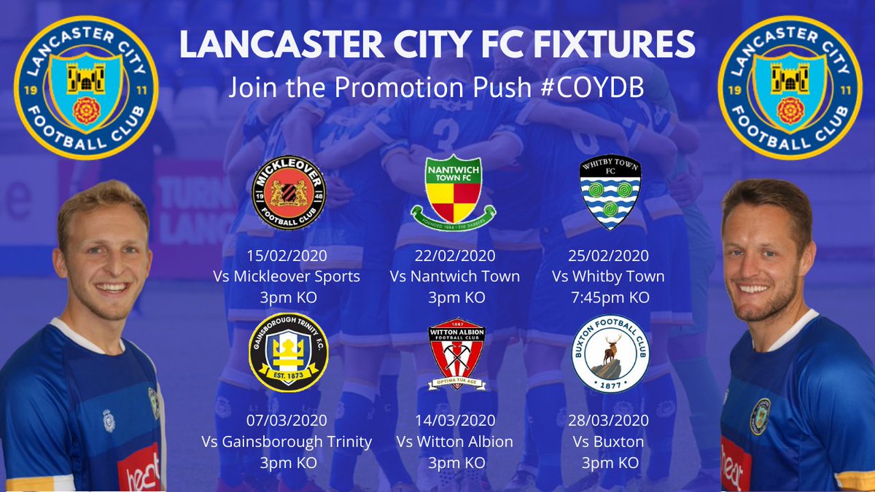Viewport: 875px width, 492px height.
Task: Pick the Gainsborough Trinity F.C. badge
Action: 288,353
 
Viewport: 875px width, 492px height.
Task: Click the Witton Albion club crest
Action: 456,353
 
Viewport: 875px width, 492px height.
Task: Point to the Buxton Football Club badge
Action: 610,354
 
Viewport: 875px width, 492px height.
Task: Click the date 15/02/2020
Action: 287,256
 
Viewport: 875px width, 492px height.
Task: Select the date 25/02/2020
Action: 610,256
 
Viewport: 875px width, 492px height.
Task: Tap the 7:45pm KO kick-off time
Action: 610,297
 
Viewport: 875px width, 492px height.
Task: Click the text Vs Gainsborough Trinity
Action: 292,442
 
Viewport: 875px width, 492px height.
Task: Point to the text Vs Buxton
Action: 610,442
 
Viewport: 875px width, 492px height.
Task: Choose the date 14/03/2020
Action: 455,421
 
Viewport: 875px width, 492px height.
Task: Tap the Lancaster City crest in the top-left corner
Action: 85,87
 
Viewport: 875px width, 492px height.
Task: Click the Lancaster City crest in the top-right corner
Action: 790,87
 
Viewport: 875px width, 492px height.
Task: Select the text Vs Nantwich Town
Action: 455,276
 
